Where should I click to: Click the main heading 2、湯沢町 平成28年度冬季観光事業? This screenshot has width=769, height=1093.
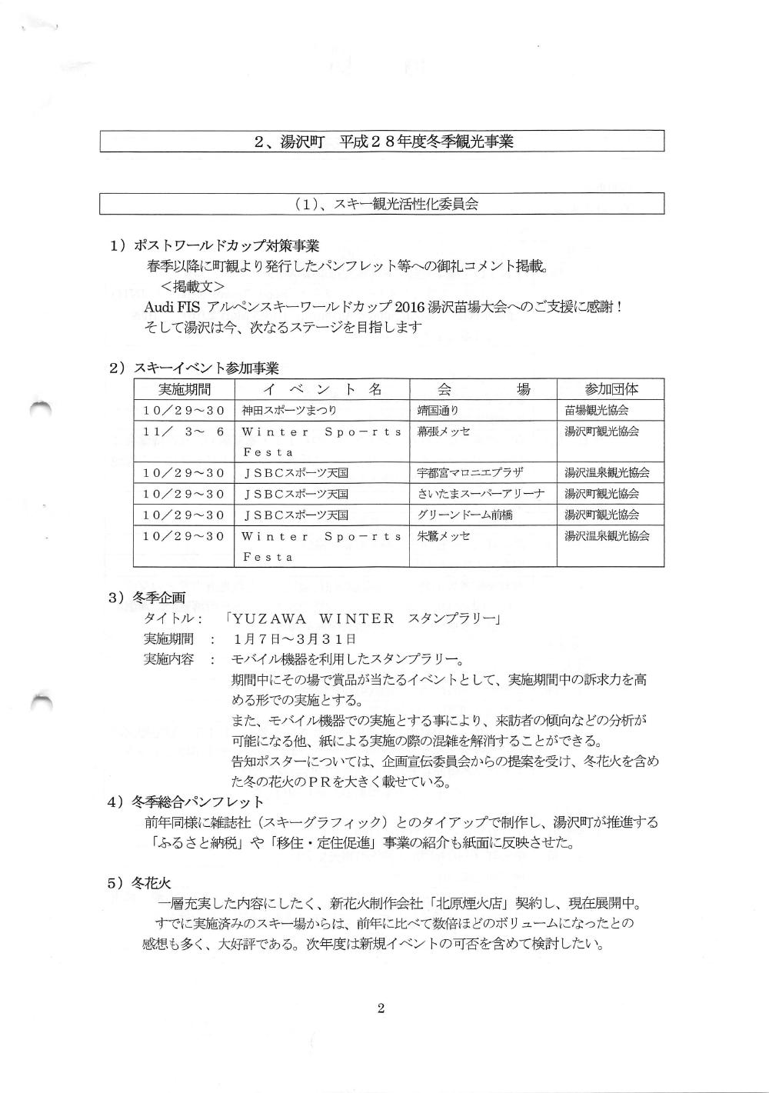click(x=383, y=142)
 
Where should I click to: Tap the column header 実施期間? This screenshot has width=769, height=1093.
click(x=184, y=389)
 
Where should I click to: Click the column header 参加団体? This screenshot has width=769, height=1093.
click(x=611, y=389)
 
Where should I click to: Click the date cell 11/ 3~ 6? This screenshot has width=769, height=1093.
click(x=184, y=432)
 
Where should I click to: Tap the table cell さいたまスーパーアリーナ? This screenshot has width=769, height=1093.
click(x=481, y=494)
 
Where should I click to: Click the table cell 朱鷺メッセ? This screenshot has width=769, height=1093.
click(x=443, y=535)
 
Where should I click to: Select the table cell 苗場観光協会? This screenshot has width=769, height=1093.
click(x=601, y=411)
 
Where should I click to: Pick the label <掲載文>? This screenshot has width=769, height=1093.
click(x=192, y=286)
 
